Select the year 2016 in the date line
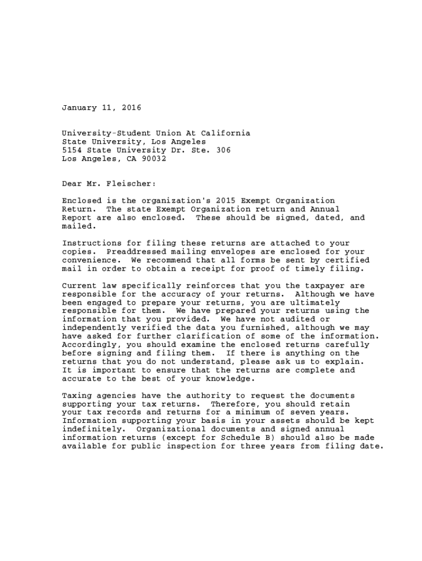point(132,108)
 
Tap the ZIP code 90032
point(153,159)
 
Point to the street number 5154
point(72,150)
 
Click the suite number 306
point(223,150)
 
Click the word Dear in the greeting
point(72,184)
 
